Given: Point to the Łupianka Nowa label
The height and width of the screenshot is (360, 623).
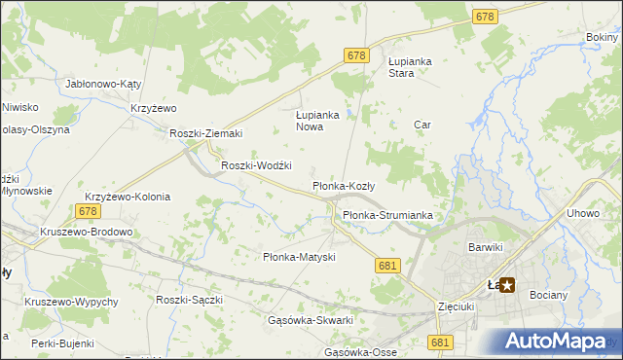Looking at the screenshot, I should point(316,120).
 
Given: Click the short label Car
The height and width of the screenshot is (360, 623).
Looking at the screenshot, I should point(422,125).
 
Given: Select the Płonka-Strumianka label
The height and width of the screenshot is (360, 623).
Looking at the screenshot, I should point(386,215).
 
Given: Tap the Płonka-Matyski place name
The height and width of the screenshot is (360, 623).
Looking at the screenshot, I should point(300,257).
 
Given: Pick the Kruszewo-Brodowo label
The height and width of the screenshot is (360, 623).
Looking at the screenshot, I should point(86,233).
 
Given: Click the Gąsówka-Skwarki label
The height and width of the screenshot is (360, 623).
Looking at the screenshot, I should point(310,320).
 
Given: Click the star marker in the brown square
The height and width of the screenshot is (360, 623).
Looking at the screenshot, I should point(507,285).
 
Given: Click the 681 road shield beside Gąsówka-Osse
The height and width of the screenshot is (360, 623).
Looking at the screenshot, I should point(440,342).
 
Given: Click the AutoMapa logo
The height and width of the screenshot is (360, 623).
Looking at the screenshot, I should point(556,342).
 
